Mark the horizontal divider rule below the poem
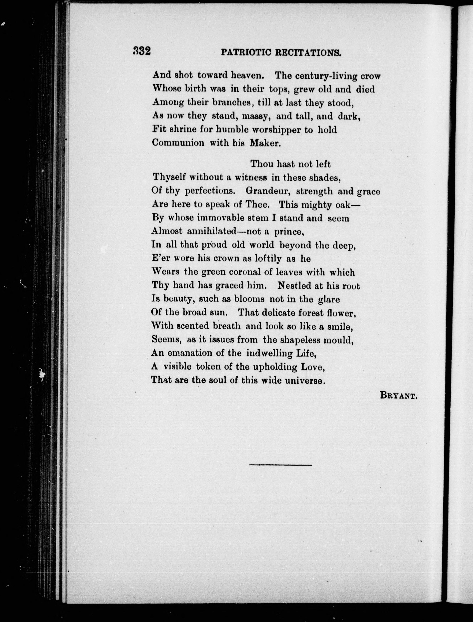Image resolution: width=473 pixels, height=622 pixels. [x=280, y=465]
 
